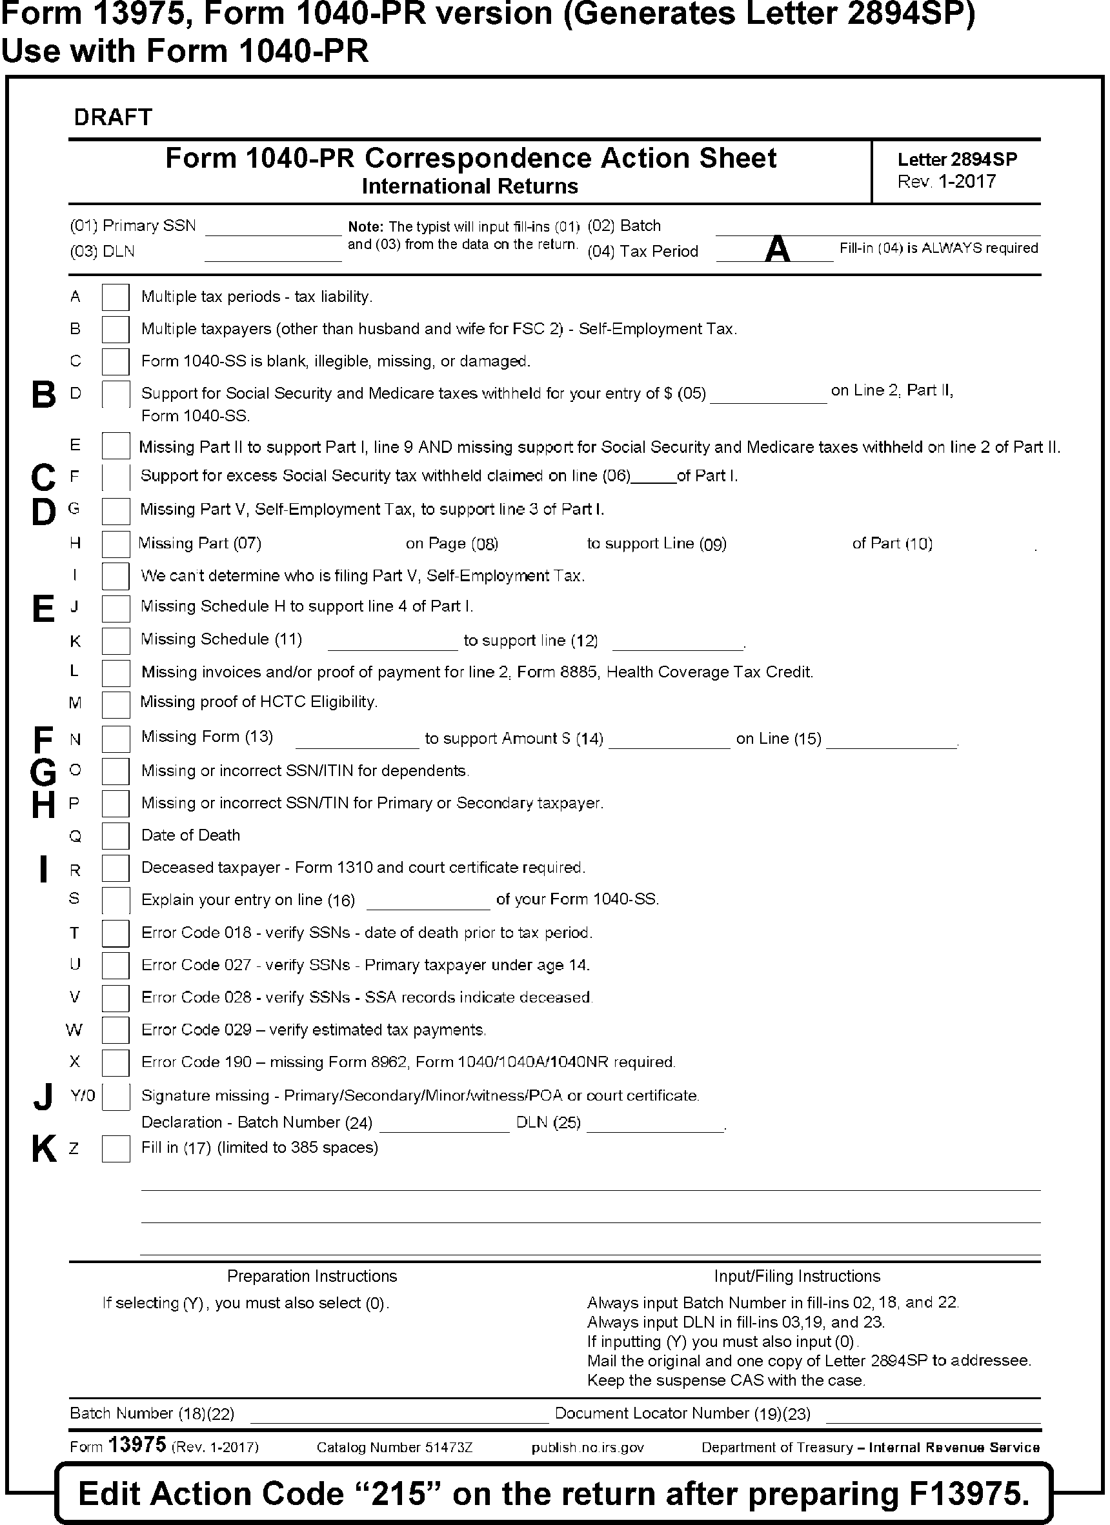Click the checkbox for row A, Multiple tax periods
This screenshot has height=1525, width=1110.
(115, 297)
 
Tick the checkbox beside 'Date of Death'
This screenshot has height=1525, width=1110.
(115, 836)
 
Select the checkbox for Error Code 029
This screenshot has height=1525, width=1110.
(115, 1030)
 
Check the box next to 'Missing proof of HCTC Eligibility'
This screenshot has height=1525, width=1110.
(115, 704)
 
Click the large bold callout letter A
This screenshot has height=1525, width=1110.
(777, 249)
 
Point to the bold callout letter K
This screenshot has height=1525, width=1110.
(44, 1149)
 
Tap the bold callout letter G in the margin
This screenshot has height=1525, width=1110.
(44, 772)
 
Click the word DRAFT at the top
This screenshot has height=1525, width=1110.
(113, 117)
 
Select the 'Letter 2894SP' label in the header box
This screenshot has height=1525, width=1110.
(956, 159)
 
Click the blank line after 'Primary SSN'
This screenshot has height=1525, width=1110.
(273, 228)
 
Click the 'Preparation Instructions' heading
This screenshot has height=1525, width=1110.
(312, 1276)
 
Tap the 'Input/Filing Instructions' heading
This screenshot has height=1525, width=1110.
(796, 1276)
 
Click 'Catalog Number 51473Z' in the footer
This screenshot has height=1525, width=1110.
(394, 1447)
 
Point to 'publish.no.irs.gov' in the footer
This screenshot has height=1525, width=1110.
(587, 1447)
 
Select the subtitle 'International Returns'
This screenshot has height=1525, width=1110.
(470, 186)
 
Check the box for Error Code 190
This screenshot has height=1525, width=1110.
(115, 1062)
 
